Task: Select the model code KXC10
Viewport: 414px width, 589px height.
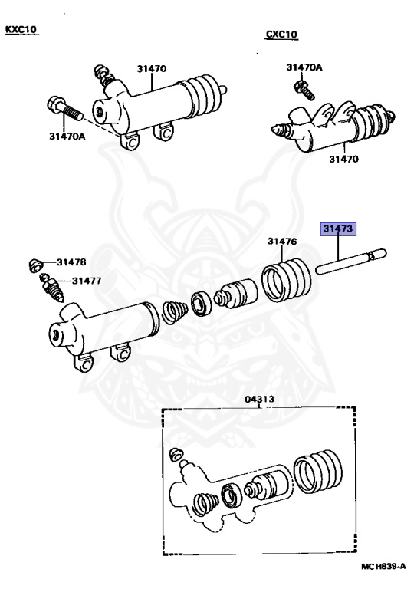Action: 21,30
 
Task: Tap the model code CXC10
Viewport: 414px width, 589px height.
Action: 281,35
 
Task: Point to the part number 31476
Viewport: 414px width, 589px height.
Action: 282,242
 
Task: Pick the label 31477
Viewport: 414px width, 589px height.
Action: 87,281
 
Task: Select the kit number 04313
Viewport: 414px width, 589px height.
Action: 259,399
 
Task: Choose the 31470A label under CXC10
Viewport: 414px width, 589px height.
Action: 304,67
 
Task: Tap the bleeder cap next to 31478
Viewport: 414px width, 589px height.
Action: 34,265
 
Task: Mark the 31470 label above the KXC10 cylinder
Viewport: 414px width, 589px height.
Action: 152,68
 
